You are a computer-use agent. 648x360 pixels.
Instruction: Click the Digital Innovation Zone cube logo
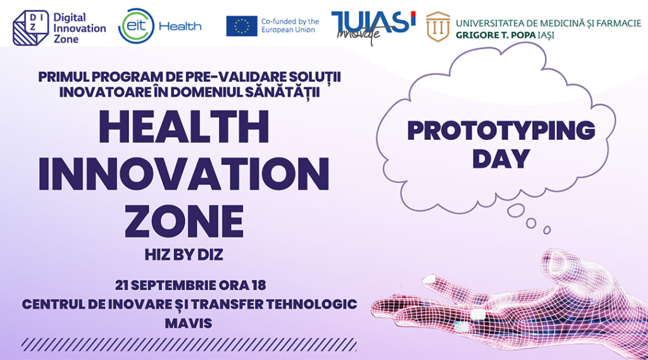tap(30, 28)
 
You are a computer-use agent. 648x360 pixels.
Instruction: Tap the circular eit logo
tap(137, 26)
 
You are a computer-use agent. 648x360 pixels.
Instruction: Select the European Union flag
tap(241, 26)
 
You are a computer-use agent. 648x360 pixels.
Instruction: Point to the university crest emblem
tap(438, 27)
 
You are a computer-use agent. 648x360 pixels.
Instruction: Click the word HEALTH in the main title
tap(184, 127)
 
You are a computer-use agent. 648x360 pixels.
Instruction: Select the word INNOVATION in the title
tap(184, 174)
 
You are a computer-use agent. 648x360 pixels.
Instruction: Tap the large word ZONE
tap(184, 221)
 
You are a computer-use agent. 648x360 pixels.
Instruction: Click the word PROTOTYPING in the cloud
tap(501, 130)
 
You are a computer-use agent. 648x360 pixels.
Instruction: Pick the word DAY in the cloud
tap(501, 159)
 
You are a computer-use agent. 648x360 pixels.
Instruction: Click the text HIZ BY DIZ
tap(184, 255)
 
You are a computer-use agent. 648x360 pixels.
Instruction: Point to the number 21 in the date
tap(121, 285)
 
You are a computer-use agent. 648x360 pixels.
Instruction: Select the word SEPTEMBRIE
tap(173, 285)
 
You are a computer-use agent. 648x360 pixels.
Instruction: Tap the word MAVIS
tap(189, 323)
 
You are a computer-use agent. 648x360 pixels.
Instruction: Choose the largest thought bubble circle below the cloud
tap(516, 210)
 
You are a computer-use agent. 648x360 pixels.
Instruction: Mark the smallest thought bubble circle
tap(547, 230)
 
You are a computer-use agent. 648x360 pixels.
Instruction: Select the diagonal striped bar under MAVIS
tap(189, 344)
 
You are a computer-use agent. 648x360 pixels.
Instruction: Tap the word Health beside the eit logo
tap(180, 27)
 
